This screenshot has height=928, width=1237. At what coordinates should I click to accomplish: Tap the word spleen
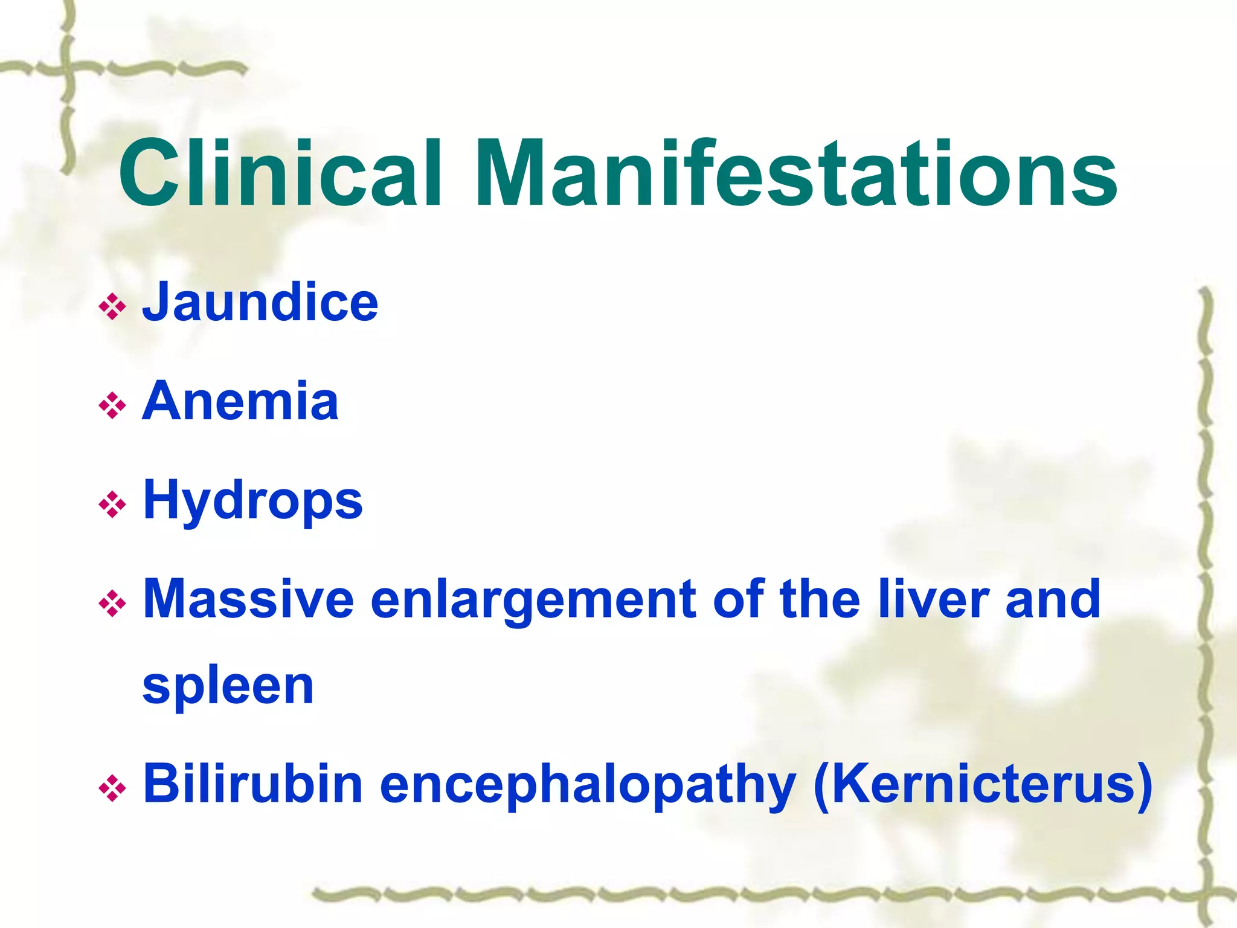click(x=228, y=687)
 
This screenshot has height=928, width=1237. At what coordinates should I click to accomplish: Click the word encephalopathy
click(x=588, y=786)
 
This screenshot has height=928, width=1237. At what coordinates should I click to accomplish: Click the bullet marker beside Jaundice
click(x=112, y=307)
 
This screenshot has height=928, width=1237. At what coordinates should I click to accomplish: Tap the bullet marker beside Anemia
click(x=112, y=405)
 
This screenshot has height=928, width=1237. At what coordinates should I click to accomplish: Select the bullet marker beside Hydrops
click(x=112, y=504)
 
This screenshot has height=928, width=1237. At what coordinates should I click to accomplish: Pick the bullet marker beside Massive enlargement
click(x=112, y=604)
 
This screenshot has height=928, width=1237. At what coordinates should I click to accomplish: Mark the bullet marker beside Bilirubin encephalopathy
click(x=112, y=788)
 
